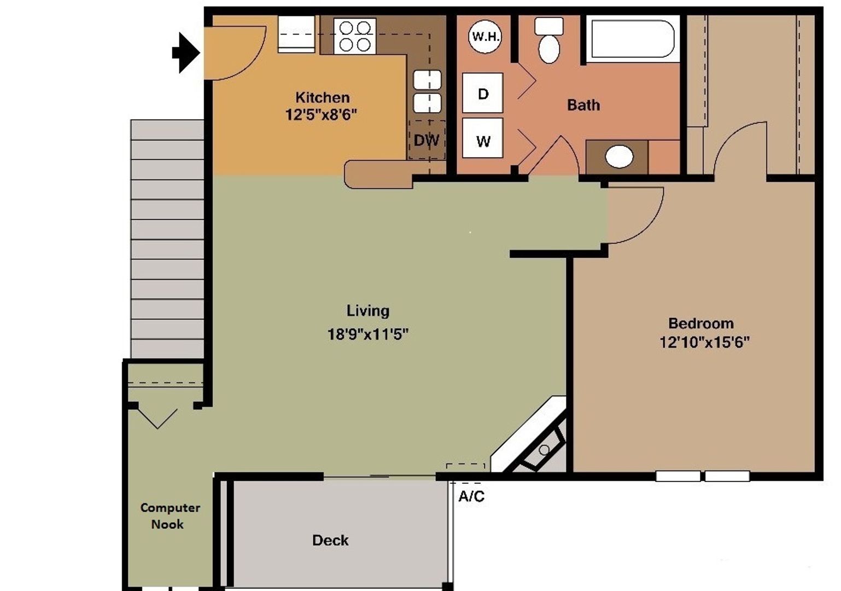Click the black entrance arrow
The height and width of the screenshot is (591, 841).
click(x=186, y=53)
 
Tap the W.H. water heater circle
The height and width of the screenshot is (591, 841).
click(x=485, y=37)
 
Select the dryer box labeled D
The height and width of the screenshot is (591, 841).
click(x=482, y=94)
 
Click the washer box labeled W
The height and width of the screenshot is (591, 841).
click(x=482, y=141)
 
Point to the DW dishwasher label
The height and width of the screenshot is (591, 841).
click(x=427, y=141)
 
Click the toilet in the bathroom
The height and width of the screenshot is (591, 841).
click(x=549, y=41)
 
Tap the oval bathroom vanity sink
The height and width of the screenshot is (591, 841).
click(x=619, y=157)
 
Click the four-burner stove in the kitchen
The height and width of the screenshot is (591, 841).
click(x=354, y=36)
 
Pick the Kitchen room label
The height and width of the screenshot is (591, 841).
click(x=322, y=97)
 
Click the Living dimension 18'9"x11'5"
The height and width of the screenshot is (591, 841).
click(x=367, y=334)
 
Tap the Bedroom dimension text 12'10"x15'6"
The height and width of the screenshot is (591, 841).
click(x=704, y=343)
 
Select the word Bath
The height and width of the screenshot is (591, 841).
click(x=583, y=105)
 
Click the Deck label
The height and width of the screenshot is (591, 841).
click(x=330, y=541)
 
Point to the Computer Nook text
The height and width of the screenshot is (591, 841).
click(x=170, y=515)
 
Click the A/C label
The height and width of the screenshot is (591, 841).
click(x=471, y=496)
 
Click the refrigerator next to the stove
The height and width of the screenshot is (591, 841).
click(x=296, y=34)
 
